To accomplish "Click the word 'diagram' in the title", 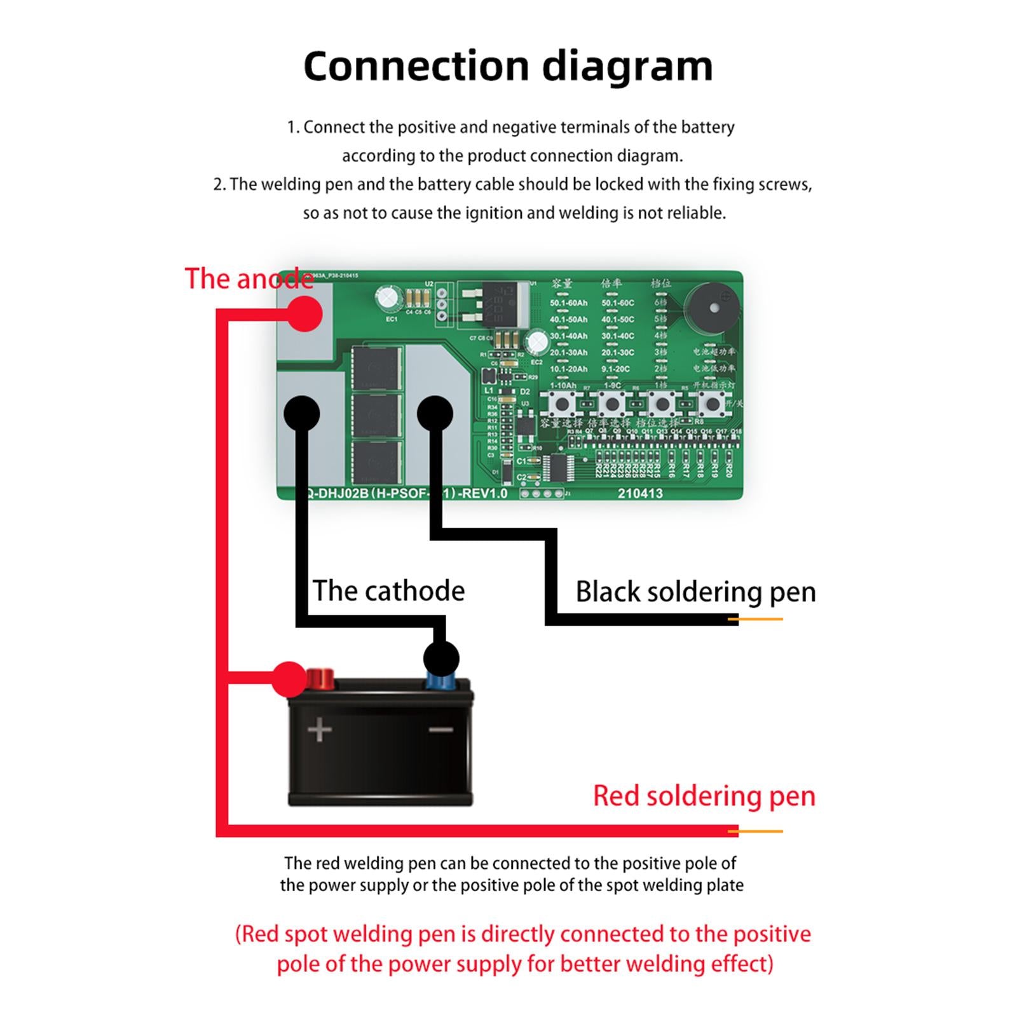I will (627, 66).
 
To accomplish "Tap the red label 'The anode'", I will (249, 279).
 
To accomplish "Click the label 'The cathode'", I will (388, 590).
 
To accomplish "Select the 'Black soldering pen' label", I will (695, 591).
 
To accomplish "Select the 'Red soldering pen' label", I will (704, 796).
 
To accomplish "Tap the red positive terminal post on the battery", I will (320, 679).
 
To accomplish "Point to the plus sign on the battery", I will (319, 730).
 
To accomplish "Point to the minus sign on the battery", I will (441, 730).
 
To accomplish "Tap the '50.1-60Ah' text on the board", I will (569, 303).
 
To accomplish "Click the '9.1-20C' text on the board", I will (615, 369).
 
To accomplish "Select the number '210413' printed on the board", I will (640, 493).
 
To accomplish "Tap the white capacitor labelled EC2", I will (538, 342).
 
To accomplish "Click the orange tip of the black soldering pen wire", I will (756, 619).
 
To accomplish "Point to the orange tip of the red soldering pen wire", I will (756, 831).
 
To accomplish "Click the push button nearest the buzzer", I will (712, 403).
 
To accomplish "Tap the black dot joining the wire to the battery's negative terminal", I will (441, 658).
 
